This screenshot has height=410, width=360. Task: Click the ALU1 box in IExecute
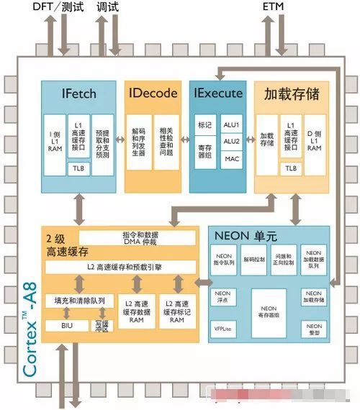233,125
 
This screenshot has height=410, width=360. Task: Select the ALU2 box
233,142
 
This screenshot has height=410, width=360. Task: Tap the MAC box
233,158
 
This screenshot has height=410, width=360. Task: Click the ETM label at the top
274,7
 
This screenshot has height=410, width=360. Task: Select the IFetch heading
78,94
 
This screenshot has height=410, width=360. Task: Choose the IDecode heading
153,94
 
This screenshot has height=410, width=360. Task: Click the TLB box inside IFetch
78,168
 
